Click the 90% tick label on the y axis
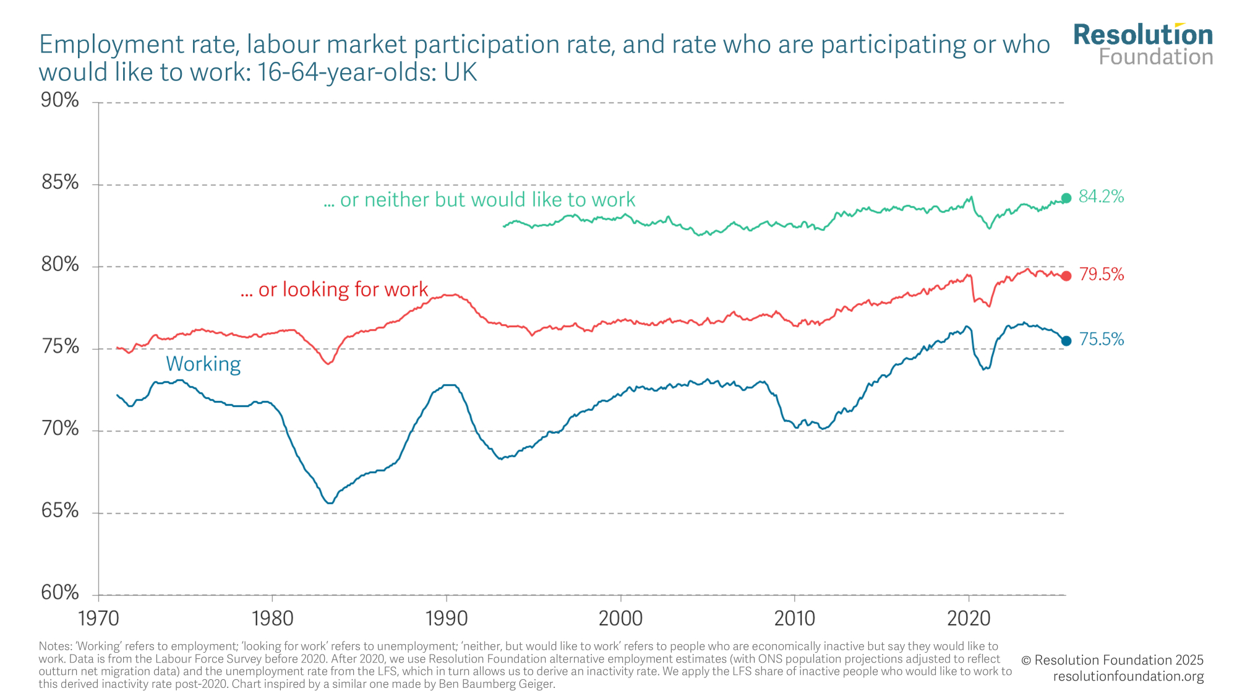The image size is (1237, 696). (60, 100)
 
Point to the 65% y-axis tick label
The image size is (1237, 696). (60, 511)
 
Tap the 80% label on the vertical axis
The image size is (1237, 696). (60, 265)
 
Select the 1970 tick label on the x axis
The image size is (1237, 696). (98, 617)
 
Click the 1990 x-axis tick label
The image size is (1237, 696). (446, 617)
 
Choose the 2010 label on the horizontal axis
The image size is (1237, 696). (795, 617)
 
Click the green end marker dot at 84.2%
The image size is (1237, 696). (1066, 198)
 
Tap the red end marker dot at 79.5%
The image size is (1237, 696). (1066, 276)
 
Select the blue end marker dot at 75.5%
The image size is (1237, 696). (1066, 341)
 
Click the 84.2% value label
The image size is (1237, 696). (1101, 197)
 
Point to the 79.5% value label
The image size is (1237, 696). (1102, 275)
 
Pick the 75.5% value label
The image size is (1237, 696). (1102, 340)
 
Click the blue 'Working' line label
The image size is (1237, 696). (203, 364)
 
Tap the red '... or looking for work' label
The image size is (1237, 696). (334, 290)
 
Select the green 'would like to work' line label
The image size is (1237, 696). (479, 200)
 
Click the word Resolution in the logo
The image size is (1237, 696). (1143, 35)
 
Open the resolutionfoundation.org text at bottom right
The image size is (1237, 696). (1128, 677)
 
